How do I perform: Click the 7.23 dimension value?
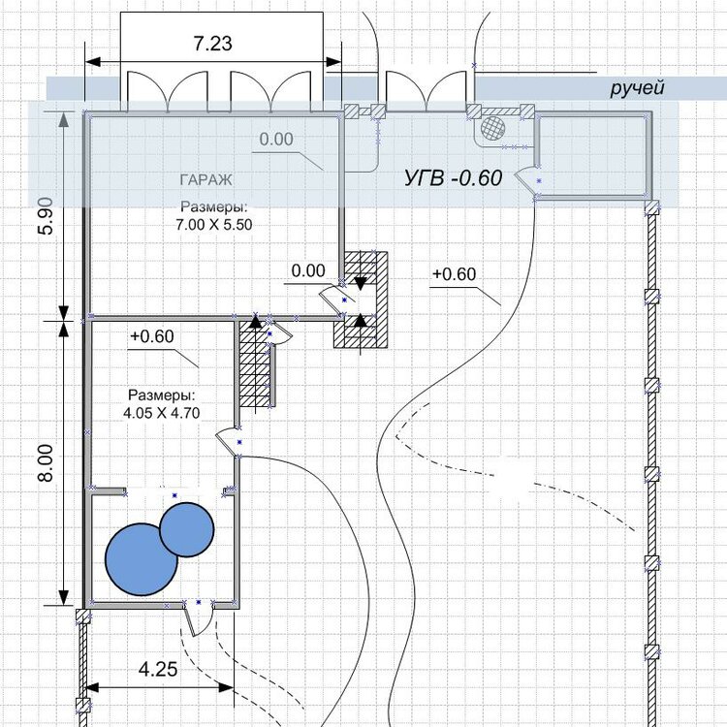213,44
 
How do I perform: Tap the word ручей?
637,87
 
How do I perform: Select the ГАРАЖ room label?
205,180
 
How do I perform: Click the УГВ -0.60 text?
453,177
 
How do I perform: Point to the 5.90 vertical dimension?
47,216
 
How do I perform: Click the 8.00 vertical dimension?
47,463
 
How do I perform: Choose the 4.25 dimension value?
158,669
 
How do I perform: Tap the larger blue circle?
141,559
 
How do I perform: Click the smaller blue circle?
187,529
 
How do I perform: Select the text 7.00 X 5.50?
214,225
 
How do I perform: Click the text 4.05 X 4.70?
161,413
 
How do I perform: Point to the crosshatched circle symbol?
492,127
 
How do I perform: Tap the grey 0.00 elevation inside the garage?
276,139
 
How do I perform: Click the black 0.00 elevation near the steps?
308,270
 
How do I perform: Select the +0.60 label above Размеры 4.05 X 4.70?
152,336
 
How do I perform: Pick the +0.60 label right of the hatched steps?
454,274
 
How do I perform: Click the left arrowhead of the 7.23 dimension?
93,62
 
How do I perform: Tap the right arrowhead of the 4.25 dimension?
225,687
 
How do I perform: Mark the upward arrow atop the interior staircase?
255,321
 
